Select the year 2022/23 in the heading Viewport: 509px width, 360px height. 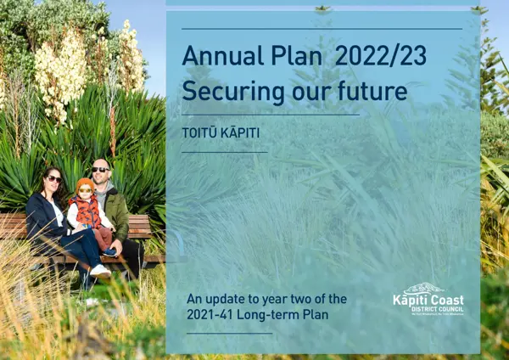click(381, 56)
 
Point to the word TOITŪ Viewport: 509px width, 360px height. click(199, 132)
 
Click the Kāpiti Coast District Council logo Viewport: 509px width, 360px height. click(428, 299)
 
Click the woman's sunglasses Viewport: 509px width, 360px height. click(54, 178)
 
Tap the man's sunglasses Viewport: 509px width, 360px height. click(101, 170)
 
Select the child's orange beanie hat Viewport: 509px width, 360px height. click(84, 183)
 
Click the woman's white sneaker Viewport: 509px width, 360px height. click(99, 271)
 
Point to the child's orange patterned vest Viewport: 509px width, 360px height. click(87, 211)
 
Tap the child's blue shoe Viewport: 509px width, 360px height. click(109, 252)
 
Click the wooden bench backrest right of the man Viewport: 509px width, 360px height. click(139, 226)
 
